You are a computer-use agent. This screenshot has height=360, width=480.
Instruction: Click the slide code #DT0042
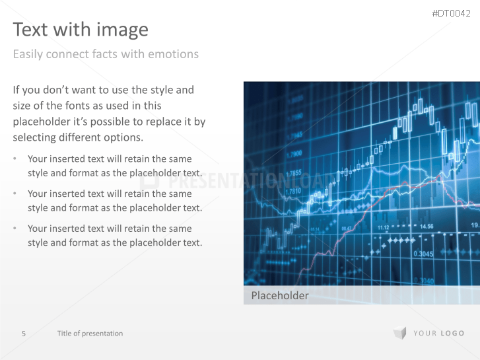pos(451,14)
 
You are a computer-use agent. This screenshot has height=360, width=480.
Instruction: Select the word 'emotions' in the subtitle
pos(173,54)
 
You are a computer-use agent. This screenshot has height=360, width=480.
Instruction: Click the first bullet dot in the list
pos(16,159)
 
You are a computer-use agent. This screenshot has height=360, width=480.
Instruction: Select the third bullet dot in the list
pos(16,229)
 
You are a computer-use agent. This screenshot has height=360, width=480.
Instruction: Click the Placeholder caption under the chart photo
pos(280,296)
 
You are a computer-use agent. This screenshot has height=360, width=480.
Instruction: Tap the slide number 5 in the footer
pos(24,334)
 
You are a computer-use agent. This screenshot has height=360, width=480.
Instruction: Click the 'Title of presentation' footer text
pos(90,334)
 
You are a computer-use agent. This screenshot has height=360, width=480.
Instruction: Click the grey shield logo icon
pos(399,333)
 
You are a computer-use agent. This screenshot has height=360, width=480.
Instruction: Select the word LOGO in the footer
pos(453,334)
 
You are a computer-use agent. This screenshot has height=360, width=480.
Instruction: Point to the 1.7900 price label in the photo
pos(294,154)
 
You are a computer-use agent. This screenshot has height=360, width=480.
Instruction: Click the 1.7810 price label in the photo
pos(294,192)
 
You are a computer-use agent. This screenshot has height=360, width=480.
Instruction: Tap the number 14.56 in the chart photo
pos(427,227)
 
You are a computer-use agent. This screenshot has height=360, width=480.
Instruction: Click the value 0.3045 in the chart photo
pos(423,254)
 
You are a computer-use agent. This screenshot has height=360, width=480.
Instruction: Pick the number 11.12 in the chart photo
pos(384,228)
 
